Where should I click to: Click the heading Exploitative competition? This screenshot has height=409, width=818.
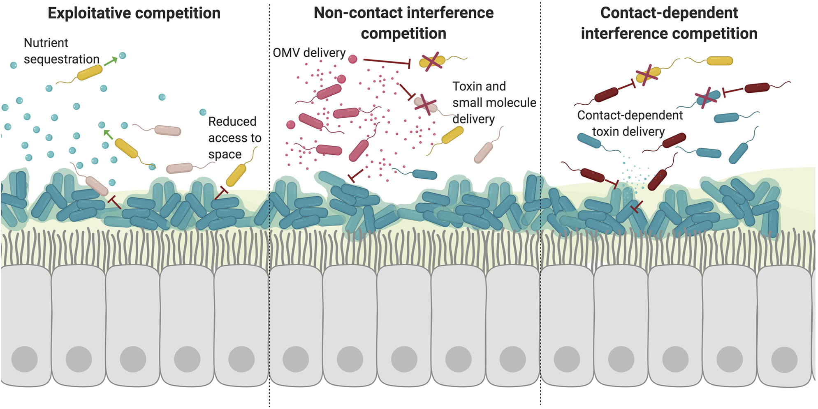point(134,13)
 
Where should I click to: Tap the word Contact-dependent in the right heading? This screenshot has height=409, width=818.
point(669,13)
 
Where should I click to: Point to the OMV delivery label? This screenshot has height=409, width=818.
point(309,53)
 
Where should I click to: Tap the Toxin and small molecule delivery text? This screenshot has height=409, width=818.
point(494,103)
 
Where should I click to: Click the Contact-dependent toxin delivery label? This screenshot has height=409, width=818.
point(629,123)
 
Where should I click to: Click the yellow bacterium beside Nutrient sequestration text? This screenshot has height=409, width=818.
point(90,73)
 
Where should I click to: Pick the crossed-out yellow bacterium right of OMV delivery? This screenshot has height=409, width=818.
point(432,62)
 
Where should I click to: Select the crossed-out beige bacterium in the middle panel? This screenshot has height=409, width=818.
point(425,104)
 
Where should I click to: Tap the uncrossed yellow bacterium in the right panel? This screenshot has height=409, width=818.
point(720,61)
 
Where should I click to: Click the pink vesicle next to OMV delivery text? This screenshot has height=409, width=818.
point(352,59)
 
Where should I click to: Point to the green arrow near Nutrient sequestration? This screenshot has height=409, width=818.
point(110,62)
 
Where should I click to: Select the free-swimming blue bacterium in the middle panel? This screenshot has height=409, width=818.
point(424,175)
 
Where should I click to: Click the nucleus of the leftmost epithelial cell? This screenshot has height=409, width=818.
point(25,359)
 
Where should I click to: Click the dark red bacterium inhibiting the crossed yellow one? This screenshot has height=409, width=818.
point(606,95)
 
